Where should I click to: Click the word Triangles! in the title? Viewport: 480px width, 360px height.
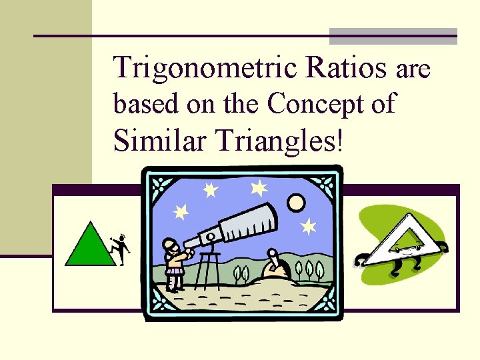[275, 140]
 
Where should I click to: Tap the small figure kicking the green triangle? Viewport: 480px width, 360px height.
[120, 247]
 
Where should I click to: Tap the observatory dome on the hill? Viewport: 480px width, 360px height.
[275, 267]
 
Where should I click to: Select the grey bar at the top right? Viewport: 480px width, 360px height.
[393, 36]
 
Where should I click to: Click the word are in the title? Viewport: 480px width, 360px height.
[413, 69]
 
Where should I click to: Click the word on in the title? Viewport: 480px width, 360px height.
[197, 105]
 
